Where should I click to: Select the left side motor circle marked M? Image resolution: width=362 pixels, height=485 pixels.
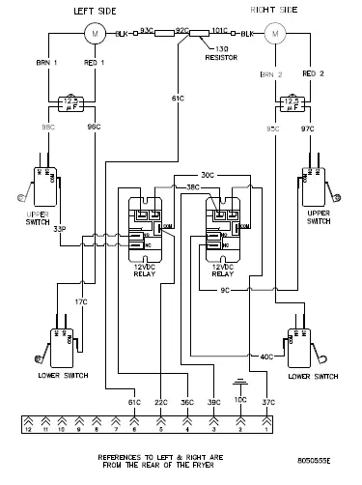coord(97,34)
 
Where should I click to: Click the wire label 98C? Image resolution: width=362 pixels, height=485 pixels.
coord(47,127)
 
